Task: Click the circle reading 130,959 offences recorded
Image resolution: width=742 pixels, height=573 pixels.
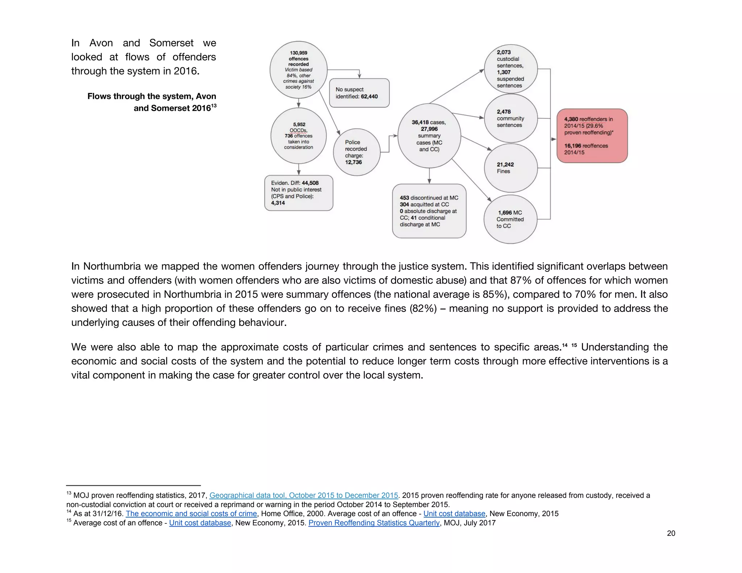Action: pos(299,70)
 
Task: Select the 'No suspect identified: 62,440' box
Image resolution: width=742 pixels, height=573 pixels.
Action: pos(359,93)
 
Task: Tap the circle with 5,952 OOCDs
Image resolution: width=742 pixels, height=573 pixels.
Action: pos(299,136)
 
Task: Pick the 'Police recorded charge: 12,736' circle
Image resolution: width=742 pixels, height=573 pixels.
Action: pos(357,152)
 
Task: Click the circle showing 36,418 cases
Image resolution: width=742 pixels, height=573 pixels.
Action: pos(429,136)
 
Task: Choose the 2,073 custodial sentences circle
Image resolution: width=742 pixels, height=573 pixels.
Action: pos(510,69)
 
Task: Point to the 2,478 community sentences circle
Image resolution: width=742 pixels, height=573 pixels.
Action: pos(510,118)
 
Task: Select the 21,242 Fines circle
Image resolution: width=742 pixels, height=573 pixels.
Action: pos(510,168)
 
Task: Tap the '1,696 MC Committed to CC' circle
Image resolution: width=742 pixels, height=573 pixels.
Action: pos(510,219)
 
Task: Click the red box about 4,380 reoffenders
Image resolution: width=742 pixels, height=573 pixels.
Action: pos(592,136)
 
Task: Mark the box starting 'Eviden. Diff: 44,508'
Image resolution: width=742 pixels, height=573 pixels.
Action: pos(299,193)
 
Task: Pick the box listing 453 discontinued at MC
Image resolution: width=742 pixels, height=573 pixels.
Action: pos(429,211)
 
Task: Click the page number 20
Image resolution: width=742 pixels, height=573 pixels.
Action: pos(671,533)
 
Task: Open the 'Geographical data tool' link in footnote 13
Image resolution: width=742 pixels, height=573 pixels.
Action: pos(304,495)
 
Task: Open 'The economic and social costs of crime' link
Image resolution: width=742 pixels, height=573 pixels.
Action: pos(191,514)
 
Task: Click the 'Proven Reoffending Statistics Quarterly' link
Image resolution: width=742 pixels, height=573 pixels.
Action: pos(374,523)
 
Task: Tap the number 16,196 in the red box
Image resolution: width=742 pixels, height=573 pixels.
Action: pos(572,146)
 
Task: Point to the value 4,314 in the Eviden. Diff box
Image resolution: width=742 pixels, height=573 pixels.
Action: pos(278,203)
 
